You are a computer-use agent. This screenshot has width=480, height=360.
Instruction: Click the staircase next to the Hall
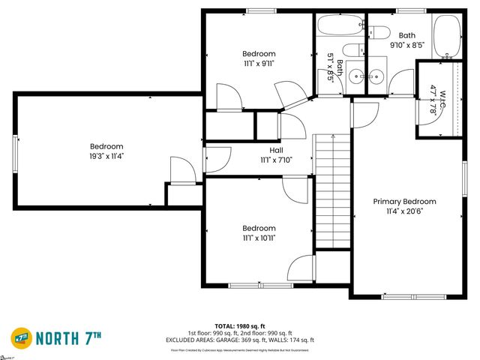(332, 191)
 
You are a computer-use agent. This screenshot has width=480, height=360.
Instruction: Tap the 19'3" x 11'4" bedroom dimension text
(106, 157)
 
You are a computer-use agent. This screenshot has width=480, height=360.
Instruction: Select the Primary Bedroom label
(405, 202)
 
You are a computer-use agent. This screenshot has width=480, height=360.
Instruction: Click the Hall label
(276, 150)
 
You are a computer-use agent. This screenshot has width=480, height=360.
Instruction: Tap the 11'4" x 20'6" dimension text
(405, 211)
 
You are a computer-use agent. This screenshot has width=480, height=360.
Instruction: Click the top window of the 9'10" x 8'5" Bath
(407, 10)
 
